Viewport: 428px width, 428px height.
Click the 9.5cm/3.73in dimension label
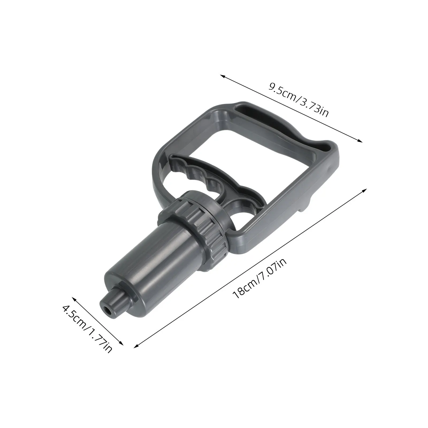pos(298,99)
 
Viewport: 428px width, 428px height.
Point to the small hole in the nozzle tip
pos(108,309)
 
